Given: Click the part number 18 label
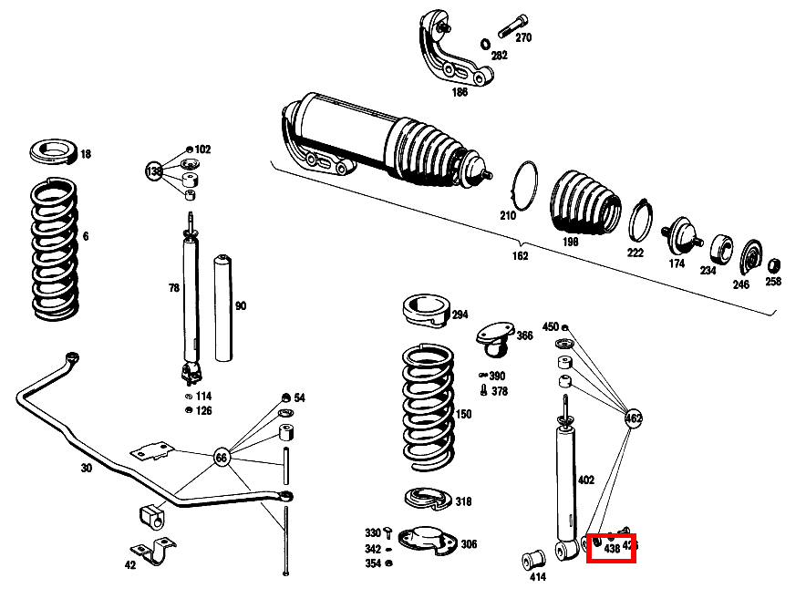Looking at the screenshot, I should click(86, 155).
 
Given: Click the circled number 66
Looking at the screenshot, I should click(222, 457).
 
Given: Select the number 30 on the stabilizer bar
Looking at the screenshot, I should click(86, 469).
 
